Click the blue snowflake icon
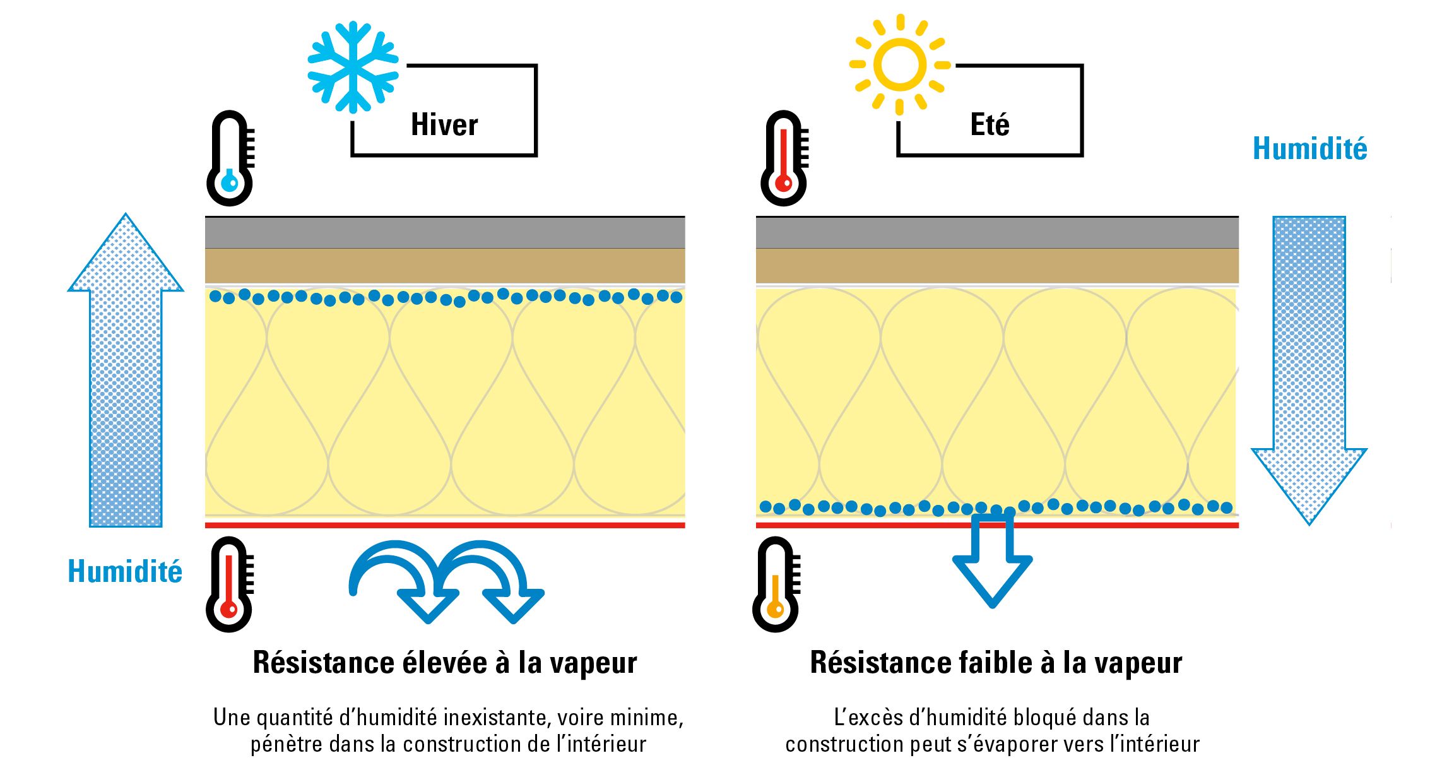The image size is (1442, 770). (x=353, y=67)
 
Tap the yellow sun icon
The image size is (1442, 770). (x=899, y=64)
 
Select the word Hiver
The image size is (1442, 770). (x=444, y=124)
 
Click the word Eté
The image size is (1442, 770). (x=990, y=124)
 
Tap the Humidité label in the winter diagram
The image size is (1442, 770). (x=125, y=572)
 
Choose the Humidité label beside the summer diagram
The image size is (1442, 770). (x=1309, y=149)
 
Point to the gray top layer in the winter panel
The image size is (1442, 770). (x=445, y=233)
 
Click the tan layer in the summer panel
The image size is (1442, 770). (x=997, y=266)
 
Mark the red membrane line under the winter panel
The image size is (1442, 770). (x=445, y=525)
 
